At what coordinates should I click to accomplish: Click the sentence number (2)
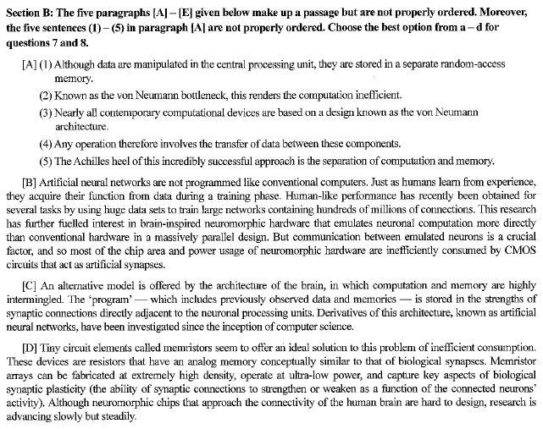click(x=46, y=94)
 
